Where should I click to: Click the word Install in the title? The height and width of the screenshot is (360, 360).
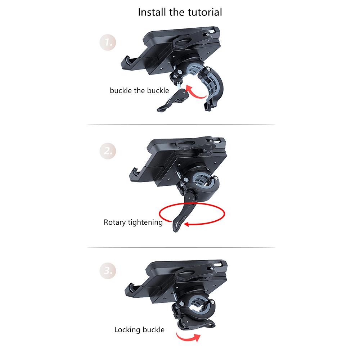click(x=152, y=12)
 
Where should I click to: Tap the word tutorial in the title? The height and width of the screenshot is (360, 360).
click(x=205, y=12)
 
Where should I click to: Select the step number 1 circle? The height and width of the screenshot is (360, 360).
click(x=108, y=42)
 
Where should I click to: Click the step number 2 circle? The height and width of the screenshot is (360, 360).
click(x=108, y=151)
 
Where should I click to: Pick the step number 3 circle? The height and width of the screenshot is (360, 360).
click(x=108, y=271)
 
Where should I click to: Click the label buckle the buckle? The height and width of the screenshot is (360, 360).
click(x=139, y=90)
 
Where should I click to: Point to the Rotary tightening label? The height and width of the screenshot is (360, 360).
click(x=133, y=222)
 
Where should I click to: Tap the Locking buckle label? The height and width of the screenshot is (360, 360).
click(x=139, y=330)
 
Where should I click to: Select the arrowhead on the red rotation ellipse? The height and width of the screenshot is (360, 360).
click(x=186, y=224)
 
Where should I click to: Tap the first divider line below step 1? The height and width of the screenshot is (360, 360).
click(x=181, y=125)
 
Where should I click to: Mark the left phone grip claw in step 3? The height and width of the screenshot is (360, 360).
click(x=133, y=291)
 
